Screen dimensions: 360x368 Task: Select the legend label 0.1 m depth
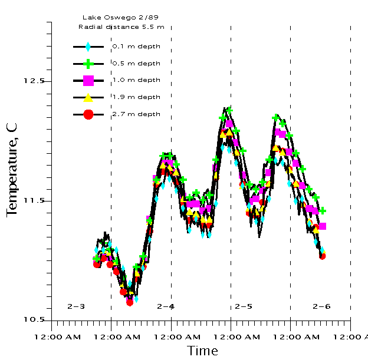(x=136, y=46)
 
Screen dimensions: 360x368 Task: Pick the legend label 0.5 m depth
(x=136, y=63)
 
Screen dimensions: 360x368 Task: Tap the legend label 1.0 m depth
(x=136, y=80)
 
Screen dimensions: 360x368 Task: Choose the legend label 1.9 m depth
(x=136, y=97)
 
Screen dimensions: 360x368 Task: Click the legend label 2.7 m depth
(x=136, y=114)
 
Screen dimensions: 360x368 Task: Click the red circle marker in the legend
(x=88, y=114)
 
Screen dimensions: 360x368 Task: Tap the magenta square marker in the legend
(x=88, y=81)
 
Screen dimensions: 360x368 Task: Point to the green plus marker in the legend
(x=88, y=64)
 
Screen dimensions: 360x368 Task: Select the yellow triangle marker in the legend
(x=88, y=97)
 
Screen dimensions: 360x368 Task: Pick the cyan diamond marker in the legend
(x=88, y=47)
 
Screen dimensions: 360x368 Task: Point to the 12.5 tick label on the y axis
(x=34, y=81)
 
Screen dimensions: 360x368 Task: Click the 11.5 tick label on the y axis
(x=34, y=201)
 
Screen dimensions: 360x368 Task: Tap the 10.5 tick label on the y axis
(x=34, y=320)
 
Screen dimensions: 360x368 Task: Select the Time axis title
(x=202, y=351)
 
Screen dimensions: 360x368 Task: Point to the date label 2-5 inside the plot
(x=244, y=306)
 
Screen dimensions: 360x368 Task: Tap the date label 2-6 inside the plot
(x=321, y=306)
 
